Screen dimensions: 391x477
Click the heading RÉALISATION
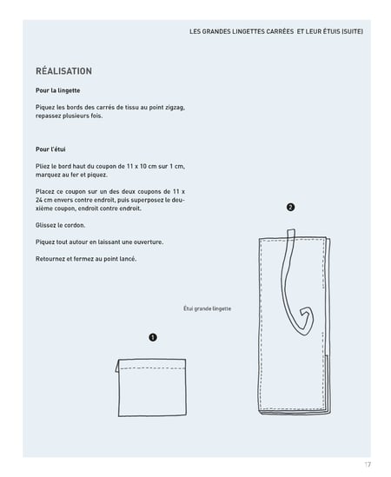coord(64,71)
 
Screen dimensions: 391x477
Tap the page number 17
coord(368,465)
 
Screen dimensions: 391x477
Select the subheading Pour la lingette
coord(58,90)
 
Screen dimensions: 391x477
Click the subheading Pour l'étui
coord(50,149)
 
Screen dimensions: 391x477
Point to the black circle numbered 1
coord(153,337)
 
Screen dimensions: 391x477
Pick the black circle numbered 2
coord(290,207)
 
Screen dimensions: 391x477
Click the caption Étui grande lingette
coord(207,308)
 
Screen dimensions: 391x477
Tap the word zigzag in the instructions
coord(175,108)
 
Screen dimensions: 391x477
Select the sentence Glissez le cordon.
coord(61,225)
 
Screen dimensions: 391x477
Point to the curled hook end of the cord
coord(306,321)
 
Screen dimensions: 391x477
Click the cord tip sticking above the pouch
coord(290,233)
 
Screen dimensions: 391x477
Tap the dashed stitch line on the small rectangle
coord(152,368)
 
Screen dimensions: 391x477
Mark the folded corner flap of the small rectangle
coord(117,366)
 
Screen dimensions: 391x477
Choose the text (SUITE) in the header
coord(352,31)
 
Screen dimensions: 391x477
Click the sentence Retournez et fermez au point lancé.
coord(86,259)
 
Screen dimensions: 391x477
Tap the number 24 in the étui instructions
coord(39,200)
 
